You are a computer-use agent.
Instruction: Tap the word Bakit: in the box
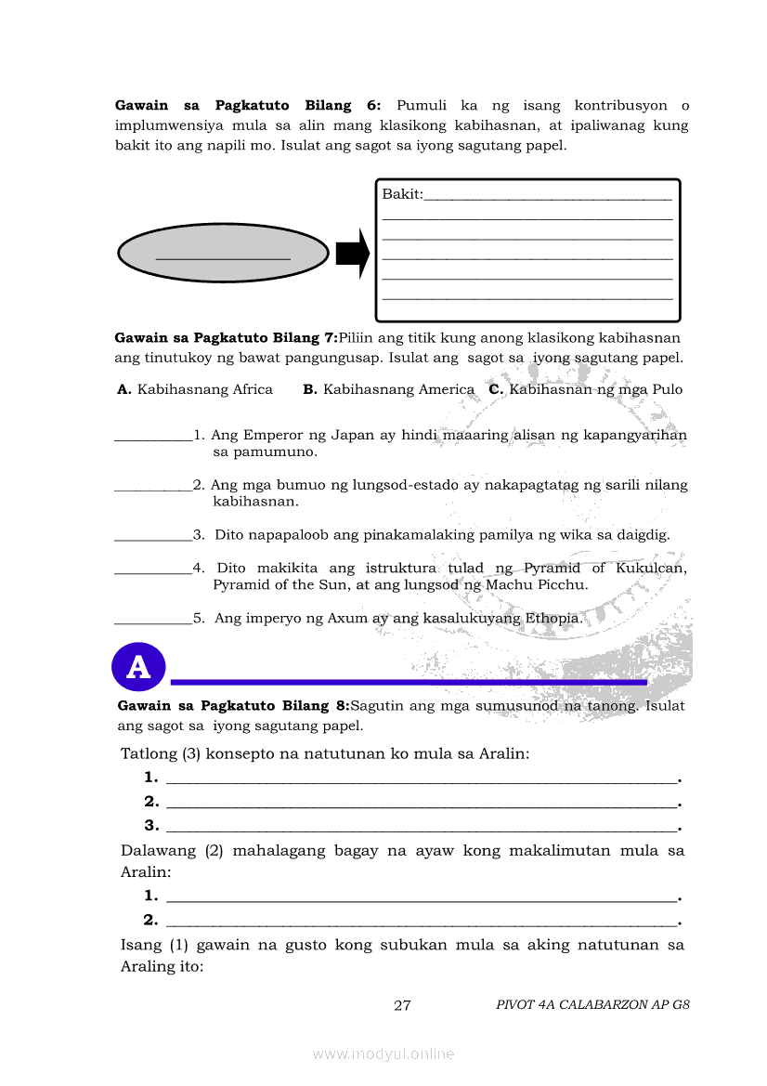point(402,194)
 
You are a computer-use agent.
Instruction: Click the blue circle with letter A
point(138,666)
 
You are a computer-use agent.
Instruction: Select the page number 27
point(402,1005)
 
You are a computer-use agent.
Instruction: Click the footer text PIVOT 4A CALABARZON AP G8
point(592,1004)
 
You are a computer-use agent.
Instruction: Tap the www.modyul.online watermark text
point(383,1053)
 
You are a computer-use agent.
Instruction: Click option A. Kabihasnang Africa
point(195,389)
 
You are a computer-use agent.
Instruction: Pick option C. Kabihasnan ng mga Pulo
point(585,389)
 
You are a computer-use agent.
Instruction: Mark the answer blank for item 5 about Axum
point(152,620)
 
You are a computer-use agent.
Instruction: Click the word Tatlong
point(149,753)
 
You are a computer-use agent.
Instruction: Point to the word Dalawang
point(158,850)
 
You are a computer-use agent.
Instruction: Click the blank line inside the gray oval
point(223,257)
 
